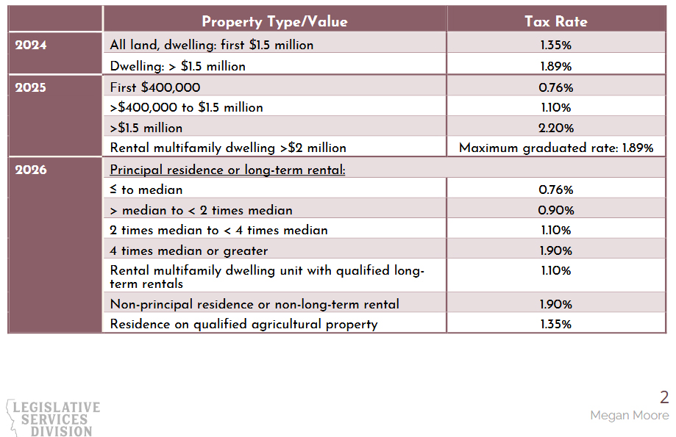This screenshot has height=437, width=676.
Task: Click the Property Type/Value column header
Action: coord(274,21)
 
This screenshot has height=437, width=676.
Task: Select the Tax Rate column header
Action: coord(555,21)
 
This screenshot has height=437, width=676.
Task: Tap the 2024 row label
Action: coord(31,46)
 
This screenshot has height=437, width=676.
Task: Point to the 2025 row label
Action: coord(31,88)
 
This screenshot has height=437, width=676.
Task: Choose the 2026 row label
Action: coord(31,170)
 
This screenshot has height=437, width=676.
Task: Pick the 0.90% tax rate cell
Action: coord(555,211)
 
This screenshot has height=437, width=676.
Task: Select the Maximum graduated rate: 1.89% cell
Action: coord(555,148)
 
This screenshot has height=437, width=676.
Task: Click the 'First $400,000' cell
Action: coord(154,88)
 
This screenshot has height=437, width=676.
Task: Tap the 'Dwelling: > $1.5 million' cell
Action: coord(177,66)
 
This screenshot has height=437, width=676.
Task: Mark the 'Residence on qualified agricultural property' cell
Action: coord(243,324)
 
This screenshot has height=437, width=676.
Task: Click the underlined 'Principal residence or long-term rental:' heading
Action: coord(227,170)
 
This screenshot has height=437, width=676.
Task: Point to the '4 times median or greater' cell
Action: coord(188,250)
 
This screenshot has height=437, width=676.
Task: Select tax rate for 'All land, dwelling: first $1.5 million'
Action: coord(555,46)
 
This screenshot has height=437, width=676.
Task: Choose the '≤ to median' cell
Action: coord(146,190)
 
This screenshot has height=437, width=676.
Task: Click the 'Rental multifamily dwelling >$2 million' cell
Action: coord(228,148)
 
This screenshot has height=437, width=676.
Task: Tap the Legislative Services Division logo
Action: coord(53,418)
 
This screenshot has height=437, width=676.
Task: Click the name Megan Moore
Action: coord(629,416)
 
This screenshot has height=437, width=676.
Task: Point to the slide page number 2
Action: coord(664,397)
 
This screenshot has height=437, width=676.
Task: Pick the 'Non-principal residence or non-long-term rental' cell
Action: coord(255,304)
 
